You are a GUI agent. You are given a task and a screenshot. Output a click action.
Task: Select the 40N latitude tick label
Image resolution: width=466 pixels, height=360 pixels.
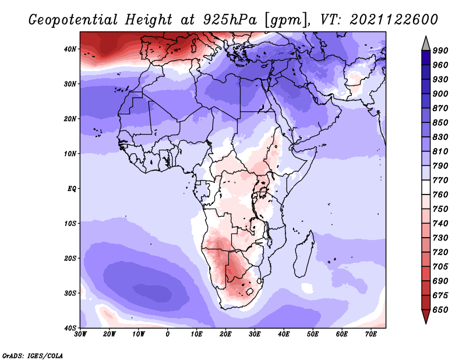point(70,49)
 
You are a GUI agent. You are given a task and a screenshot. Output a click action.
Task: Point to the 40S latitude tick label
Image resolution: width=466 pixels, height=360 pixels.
point(70,327)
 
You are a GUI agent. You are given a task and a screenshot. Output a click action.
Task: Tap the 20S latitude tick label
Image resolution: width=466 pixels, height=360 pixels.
point(70,258)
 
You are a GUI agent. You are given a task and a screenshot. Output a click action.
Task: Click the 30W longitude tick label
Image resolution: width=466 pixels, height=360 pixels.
point(80,334)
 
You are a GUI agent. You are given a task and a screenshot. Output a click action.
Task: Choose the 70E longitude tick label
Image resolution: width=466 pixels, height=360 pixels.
point(371,334)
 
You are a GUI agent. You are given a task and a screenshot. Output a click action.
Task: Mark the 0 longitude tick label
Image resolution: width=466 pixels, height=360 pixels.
point(168,334)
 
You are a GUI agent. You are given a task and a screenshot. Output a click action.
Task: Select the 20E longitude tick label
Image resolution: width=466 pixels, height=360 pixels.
point(225,334)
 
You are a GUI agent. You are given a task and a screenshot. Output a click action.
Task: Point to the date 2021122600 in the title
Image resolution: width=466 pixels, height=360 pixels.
point(394,19)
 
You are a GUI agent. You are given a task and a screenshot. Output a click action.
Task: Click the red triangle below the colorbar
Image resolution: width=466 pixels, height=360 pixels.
point(426,317)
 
